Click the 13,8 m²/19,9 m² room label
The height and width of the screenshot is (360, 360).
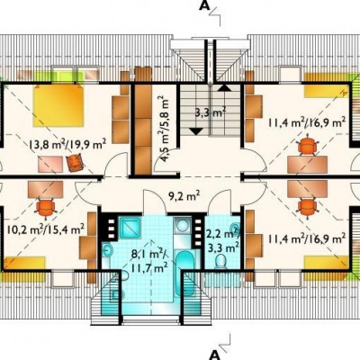(67, 146)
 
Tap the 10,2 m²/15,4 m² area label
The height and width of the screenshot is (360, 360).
(46, 230)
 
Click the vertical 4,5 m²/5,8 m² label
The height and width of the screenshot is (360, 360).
(164, 130)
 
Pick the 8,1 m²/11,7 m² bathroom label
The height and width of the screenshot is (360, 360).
(149, 260)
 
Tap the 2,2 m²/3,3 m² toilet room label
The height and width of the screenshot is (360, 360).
(223, 240)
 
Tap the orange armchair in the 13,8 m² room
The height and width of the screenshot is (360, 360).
(75, 162)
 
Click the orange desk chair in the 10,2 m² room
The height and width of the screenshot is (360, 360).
(46, 207)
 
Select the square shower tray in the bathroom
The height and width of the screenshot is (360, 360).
(130, 229)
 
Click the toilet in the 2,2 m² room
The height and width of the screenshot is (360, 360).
(221, 261)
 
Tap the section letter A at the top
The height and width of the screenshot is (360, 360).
(204, 6)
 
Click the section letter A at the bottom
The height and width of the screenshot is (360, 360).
(215, 354)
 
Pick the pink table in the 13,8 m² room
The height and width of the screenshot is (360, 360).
(50, 164)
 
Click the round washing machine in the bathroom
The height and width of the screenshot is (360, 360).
(181, 226)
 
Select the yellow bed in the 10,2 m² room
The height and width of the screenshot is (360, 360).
(24, 267)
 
